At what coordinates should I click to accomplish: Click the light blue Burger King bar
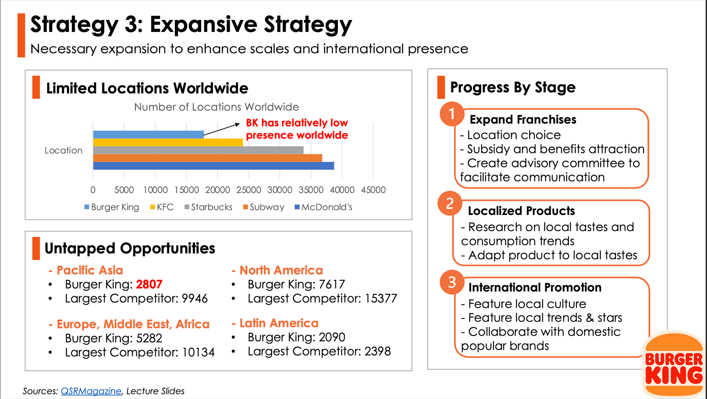coord(148,134)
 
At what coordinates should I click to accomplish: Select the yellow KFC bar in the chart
coord(168,142)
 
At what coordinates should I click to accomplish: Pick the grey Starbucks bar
coord(198,150)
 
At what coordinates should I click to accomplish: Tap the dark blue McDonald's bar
coord(214,166)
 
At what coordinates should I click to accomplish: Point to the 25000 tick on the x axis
coord(249,190)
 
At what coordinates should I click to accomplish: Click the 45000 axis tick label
coord(373,190)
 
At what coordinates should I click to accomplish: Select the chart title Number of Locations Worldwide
coord(217,107)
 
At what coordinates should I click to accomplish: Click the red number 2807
coord(149,284)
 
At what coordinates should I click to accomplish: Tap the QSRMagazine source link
coord(91,391)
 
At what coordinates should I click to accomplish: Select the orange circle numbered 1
coord(451,114)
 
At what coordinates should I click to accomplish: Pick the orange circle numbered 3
coord(452,282)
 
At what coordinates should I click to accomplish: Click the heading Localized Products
coord(521,211)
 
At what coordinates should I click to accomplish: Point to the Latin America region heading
coord(279,323)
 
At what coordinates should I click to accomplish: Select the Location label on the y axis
coord(63,151)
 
